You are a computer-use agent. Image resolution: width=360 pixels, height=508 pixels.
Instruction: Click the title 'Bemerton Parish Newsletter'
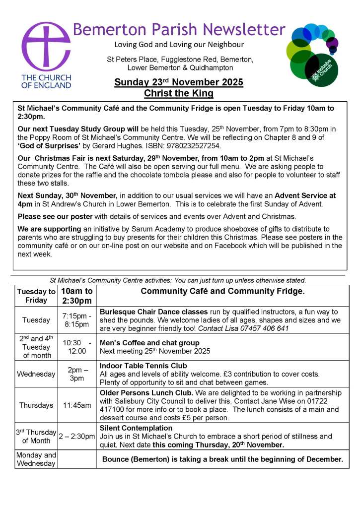[179, 29]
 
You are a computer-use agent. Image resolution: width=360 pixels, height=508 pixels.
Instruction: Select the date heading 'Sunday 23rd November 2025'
[179, 82]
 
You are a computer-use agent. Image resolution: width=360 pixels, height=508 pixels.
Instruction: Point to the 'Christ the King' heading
[179, 93]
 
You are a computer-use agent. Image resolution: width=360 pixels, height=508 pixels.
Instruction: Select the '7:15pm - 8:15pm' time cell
[76, 320]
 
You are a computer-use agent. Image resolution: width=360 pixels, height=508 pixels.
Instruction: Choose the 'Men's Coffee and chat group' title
[149, 342]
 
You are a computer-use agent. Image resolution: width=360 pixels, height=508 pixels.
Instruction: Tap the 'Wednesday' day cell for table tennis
[36, 374]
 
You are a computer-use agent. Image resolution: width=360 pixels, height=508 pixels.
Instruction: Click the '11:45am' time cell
[76, 405]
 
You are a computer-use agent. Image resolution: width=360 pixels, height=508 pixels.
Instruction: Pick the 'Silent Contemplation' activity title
[136, 428]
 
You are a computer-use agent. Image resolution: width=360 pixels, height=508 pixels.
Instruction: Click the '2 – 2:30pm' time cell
[76, 437]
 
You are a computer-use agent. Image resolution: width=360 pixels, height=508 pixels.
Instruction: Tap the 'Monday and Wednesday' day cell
[36, 459]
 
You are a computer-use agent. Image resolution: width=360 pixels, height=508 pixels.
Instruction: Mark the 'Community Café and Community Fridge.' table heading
[222, 291]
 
